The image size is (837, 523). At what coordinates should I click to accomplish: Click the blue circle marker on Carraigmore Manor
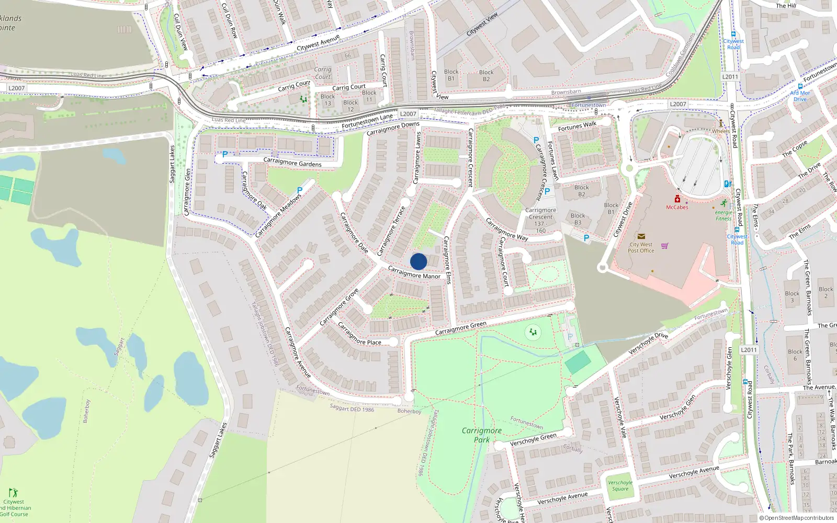click(418, 261)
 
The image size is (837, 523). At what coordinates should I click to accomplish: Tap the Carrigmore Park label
click(482, 435)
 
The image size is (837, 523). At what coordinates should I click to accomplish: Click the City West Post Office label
click(641, 247)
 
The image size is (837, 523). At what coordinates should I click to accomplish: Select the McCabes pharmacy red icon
click(677, 199)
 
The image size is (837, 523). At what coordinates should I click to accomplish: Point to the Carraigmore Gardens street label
click(292, 162)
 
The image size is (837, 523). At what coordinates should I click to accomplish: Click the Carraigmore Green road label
click(461, 328)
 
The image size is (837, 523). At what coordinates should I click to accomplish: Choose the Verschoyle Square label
click(620, 485)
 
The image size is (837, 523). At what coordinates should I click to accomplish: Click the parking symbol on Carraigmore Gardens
click(225, 154)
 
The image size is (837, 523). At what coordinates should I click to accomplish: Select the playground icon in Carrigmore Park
click(533, 332)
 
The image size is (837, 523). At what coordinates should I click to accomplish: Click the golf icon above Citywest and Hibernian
click(13, 493)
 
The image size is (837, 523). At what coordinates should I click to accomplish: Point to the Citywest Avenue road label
click(318, 43)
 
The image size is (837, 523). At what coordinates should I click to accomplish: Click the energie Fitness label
click(723, 215)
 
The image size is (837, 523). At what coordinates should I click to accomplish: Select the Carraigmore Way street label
click(507, 229)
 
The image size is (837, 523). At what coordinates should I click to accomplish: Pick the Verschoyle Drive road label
click(648, 344)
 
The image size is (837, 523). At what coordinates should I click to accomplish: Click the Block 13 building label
click(328, 100)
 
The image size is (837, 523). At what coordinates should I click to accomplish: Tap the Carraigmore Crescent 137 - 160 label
click(540, 220)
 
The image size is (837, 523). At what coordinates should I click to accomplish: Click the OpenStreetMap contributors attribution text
click(798, 518)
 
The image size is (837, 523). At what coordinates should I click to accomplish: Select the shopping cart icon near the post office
click(664, 246)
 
